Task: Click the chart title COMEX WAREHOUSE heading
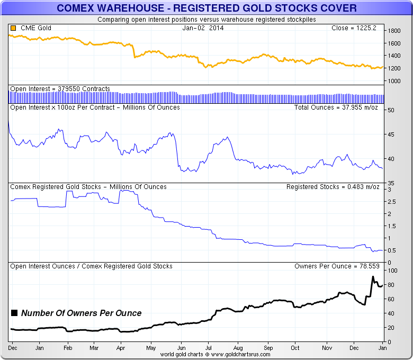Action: pyautogui.click(x=206, y=8)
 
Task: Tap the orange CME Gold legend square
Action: pyautogui.click(x=12, y=28)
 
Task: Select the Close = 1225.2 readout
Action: pyautogui.click(x=354, y=28)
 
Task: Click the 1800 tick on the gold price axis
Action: pyautogui.click(x=393, y=31)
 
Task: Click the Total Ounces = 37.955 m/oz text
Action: pyautogui.click(x=335, y=107)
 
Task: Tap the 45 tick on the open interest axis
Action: pyautogui.click(x=391, y=134)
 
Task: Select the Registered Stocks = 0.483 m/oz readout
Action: pyautogui.click(x=331, y=187)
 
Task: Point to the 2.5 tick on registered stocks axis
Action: pyautogui.click(x=392, y=202)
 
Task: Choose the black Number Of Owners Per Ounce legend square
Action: pyautogui.click(x=14, y=313)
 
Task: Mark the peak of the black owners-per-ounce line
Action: pyautogui.click(x=373, y=277)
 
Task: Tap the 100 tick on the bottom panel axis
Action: pyautogui.click(x=392, y=271)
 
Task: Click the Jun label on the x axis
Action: pyautogui.click(x=181, y=348)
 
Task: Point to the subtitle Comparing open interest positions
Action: pyautogui.click(x=206, y=20)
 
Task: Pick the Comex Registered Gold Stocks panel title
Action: pyautogui.click(x=88, y=187)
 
